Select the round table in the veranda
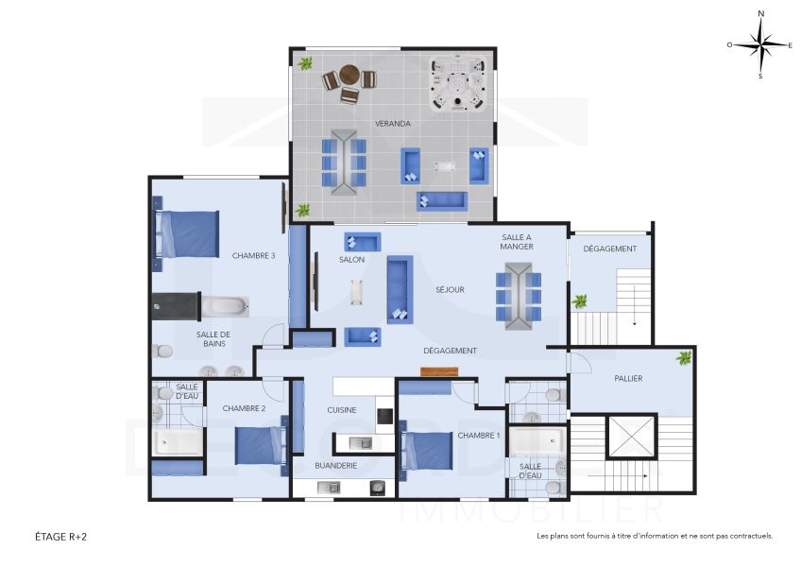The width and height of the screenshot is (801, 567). [349, 75]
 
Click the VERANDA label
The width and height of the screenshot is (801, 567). [392, 124]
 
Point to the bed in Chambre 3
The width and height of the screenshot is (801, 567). [186, 233]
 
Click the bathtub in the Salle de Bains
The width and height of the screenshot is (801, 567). [225, 304]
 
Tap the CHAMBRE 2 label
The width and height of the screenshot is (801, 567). [243, 408]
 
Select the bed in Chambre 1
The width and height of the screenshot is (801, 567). [427, 450]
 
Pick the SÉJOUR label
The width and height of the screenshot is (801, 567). [450, 290]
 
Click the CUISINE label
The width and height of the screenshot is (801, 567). [341, 410]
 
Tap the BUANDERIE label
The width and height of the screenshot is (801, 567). [335, 465]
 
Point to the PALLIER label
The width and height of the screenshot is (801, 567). [627, 378]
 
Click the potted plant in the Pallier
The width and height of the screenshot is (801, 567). [682, 357]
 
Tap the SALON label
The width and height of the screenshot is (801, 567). [351, 259]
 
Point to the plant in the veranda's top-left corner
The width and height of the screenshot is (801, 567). [305, 63]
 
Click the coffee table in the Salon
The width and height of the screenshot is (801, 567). [355, 293]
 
